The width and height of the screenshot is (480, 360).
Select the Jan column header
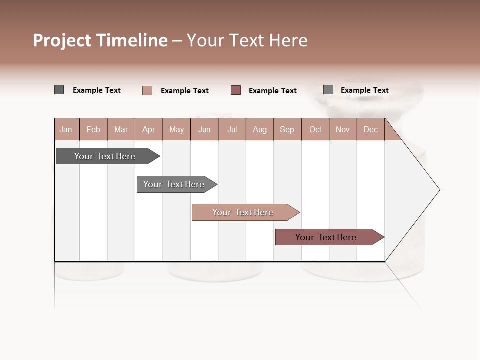click(x=66, y=129)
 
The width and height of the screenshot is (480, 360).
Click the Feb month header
click(x=93, y=129)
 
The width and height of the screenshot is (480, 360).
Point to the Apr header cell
click(x=148, y=129)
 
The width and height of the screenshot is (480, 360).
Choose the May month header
click(x=176, y=129)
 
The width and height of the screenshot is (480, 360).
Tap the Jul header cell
click(x=232, y=129)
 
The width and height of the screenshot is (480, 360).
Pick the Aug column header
click(x=259, y=129)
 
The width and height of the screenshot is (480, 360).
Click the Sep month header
click(x=287, y=129)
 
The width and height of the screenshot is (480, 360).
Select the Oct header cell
click(x=315, y=129)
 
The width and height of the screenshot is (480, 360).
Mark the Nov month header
click(x=343, y=129)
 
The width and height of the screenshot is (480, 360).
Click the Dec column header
click(x=370, y=129)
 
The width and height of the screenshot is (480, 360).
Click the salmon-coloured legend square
click(x=147, y=90)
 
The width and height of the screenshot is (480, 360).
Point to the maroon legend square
click(x=236, y=90)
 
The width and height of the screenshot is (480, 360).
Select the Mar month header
click(x=121, y=129)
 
